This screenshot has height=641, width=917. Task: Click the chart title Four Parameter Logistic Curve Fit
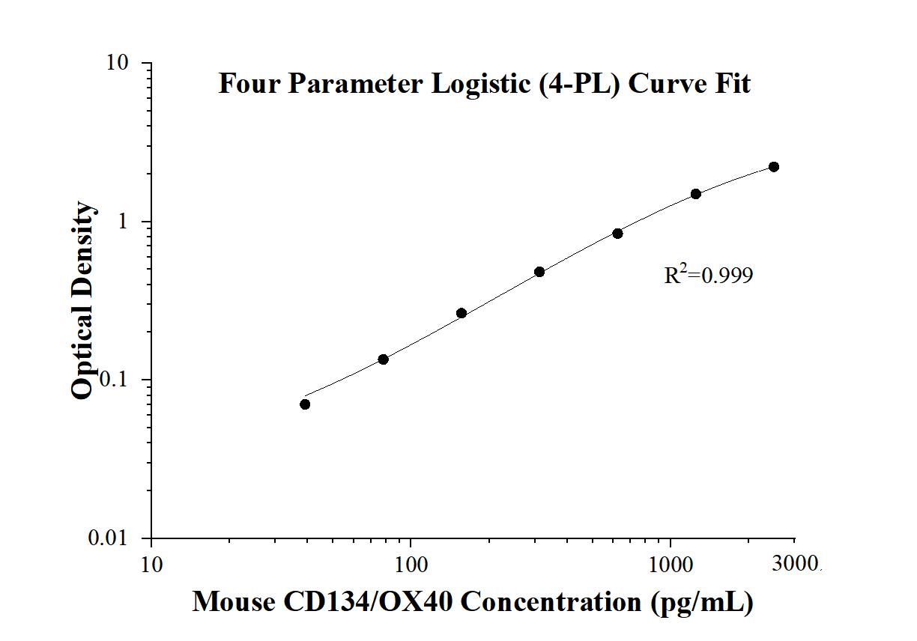(484, 83)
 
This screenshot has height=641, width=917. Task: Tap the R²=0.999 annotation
(708, 276)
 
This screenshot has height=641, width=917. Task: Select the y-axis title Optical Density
(84, 300)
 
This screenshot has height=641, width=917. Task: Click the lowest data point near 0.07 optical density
(305, 404)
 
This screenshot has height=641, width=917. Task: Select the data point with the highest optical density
(774, 167)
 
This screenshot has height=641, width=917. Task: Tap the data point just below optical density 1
(617, 234)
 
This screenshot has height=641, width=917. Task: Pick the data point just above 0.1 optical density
(383, 359)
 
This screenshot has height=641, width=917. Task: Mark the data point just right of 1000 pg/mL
(696, 194)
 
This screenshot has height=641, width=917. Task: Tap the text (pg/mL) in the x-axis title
(702, 601)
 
